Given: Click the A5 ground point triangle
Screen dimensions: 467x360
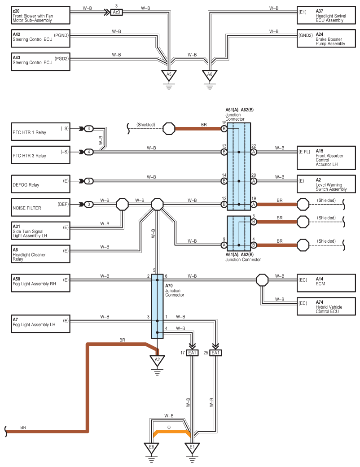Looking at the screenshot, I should pos(169,75).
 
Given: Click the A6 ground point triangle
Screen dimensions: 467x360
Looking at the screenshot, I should pos(209,75).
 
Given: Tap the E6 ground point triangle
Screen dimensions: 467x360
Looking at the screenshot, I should pos(151,447).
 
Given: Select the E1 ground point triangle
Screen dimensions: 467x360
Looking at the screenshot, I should pos(192,447).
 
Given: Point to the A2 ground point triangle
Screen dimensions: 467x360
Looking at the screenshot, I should pos(157,360).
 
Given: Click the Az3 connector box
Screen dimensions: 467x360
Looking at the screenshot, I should pos(116,12).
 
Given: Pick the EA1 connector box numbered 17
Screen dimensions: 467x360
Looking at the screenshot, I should pos(193,353).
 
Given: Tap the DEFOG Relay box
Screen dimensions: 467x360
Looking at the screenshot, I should pos(41,181).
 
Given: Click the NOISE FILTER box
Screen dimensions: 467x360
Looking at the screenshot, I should pos(41,205).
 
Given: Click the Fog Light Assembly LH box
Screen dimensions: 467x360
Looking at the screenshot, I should pos(41,324).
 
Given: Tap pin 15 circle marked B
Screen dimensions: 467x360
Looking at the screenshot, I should pos(224,129).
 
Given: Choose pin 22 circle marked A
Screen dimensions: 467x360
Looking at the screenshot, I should pos(254,152).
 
